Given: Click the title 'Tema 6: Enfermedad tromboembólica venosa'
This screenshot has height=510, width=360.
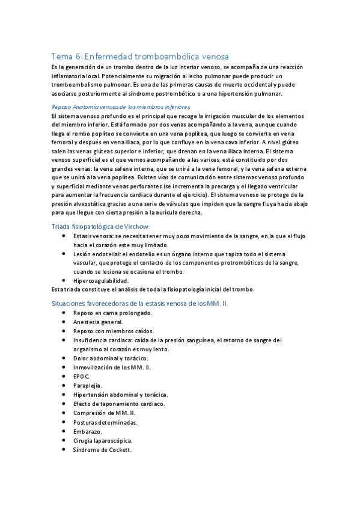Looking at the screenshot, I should coord(139,56).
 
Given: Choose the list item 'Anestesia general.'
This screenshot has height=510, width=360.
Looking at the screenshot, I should coord(98,322).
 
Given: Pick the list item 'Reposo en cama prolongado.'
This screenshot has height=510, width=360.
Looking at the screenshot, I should coord(112,313).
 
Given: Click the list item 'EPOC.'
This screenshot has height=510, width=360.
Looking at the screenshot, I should coord(82,376).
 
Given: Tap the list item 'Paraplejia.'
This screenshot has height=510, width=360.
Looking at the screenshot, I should coord(88,386).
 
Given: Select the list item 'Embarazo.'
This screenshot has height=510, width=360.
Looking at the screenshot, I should coord(88,431).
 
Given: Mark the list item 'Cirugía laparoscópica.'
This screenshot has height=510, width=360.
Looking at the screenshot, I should coord(103,441).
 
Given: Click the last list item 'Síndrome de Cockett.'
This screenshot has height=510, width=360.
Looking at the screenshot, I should coord(102,450).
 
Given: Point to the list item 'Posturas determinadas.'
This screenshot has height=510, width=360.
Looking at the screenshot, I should coord(105,422).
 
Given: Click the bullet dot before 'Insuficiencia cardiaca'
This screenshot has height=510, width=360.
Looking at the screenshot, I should coord(64,340).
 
